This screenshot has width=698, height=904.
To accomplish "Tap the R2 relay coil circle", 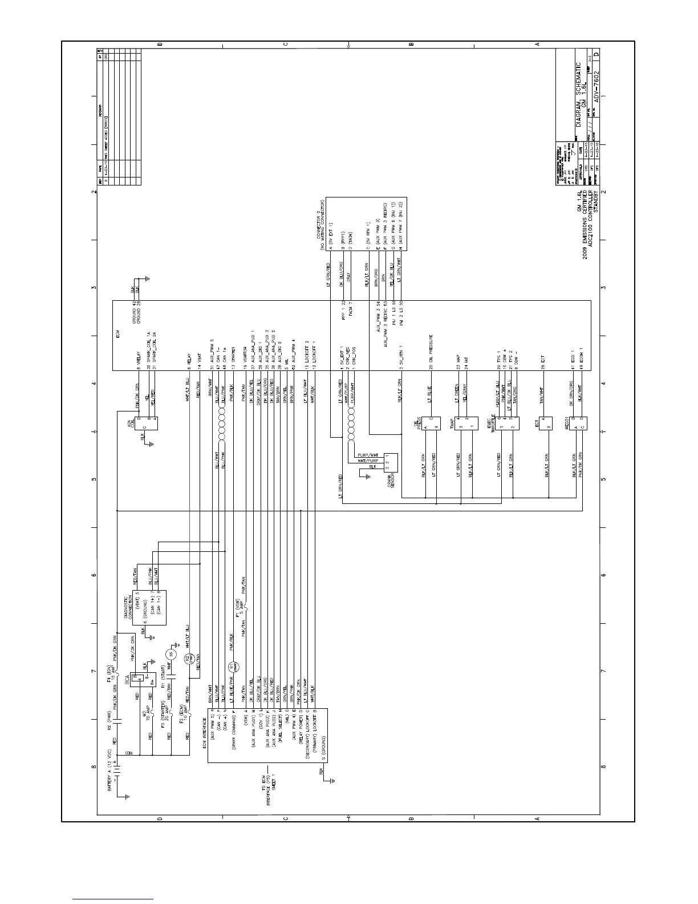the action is point(188,659).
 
